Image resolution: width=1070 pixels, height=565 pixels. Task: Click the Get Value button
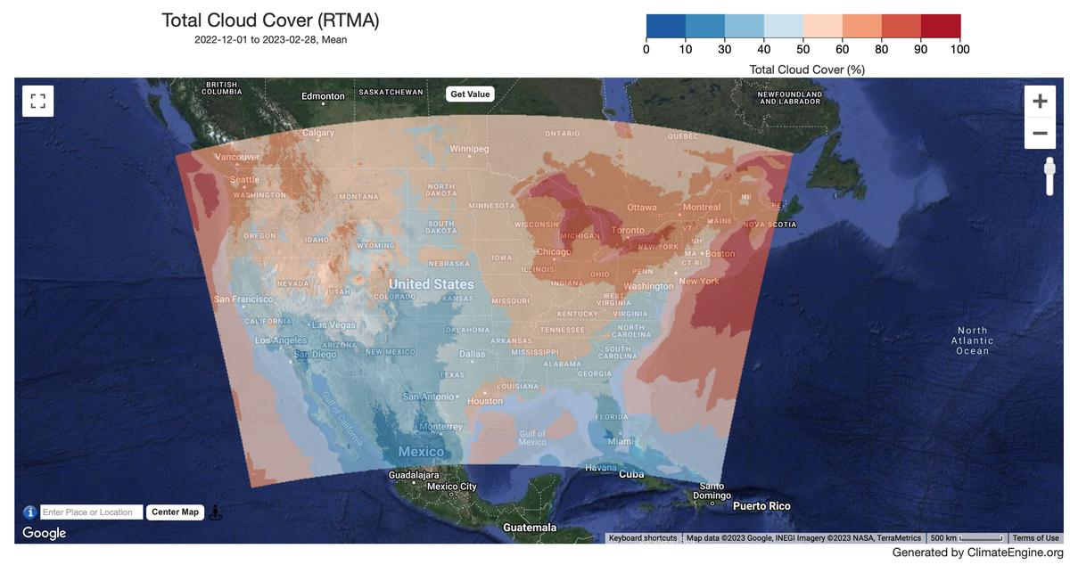coord(470,94)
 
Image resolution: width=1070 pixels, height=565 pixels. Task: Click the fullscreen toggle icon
coord(37,101)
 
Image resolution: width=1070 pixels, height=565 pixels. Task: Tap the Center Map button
coord(175,512)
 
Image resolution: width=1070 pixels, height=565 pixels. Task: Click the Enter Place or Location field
coord(91,512)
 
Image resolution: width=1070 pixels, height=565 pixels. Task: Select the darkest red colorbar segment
coord(940,27)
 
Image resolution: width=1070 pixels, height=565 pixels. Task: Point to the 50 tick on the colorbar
coord(803,49)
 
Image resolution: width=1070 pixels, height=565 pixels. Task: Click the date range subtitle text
coord(270,40)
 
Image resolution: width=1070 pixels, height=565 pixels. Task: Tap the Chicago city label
coord(554,252)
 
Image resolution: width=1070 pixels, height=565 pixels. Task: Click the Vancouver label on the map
coord(237,157)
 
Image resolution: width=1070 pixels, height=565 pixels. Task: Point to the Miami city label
coord(621,441)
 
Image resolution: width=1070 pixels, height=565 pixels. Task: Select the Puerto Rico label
coord(761,506)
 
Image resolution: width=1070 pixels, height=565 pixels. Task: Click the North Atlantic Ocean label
coord(972,340)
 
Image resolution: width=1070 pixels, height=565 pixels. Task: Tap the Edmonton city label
coord(323,96)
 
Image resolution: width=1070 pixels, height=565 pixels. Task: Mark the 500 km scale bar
coord(966,538)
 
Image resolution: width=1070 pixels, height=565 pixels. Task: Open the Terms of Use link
coord(1035,538)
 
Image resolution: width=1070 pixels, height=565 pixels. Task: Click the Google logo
coord(44,533)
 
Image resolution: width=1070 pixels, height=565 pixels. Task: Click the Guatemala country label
coord(530,528)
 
